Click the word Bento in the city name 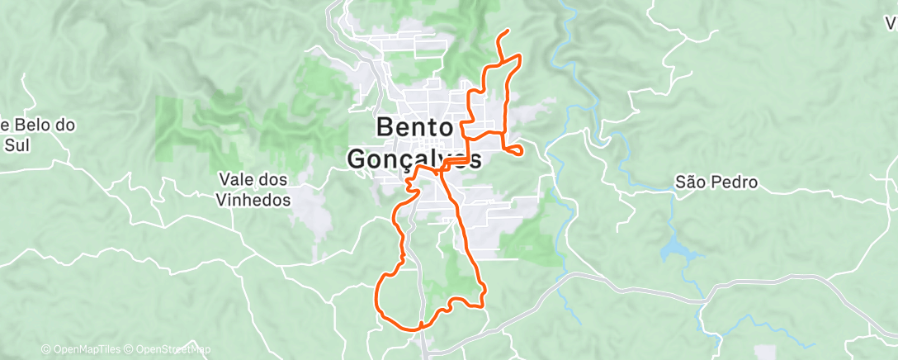414,128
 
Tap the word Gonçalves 414,158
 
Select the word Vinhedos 254,200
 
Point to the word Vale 235,179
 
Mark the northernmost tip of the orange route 506,31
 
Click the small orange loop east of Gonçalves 514,149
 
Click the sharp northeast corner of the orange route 519,55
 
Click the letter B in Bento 385,128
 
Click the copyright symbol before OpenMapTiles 45,349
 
